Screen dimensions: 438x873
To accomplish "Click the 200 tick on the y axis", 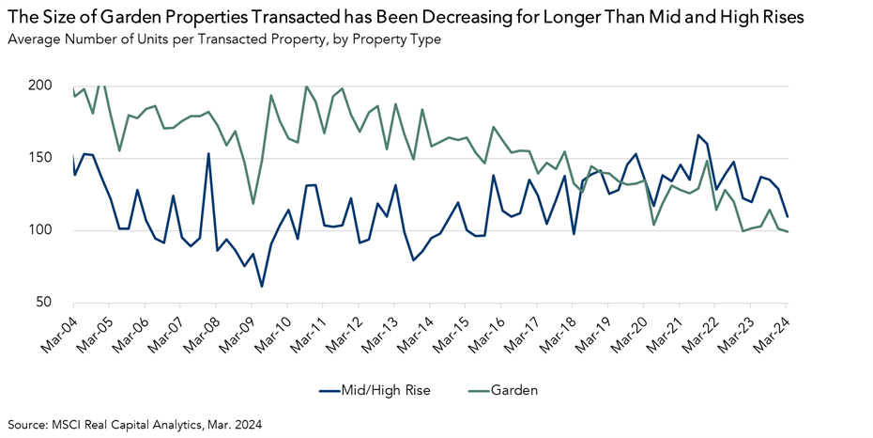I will [x=39, y=86].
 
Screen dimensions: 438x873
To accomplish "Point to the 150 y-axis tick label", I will [x=39, y=158].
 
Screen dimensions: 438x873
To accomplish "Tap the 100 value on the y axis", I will [x=39, y=230].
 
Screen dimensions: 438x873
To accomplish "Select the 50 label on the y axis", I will [x=43, y=303].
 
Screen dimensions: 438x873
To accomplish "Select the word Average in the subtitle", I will [x=33, y=39].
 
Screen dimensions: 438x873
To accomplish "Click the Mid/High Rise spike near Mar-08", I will [x=207, y=153].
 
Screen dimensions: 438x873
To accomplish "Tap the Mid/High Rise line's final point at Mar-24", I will [x=787, y=216].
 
